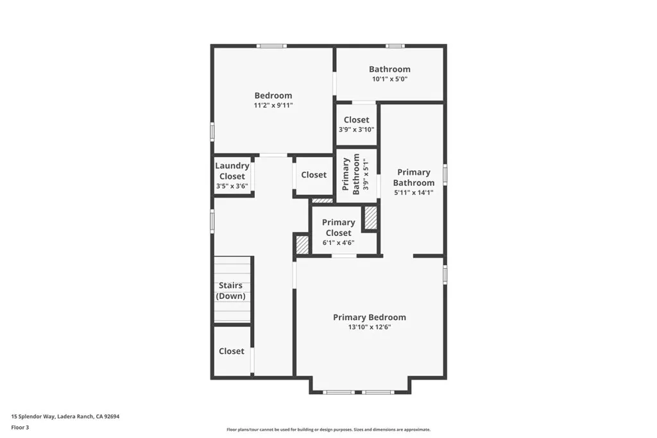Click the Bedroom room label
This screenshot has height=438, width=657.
point(273,96)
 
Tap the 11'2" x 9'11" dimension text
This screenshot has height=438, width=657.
point(273,105)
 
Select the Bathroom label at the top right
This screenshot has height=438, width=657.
point(389,69)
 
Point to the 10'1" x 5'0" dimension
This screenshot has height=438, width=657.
point(389,79)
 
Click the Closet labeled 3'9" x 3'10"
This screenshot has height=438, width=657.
point(356,120)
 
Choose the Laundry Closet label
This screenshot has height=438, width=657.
point(232,171)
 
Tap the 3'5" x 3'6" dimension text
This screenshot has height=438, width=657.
point(232,186)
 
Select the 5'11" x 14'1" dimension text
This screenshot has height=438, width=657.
point(414,192)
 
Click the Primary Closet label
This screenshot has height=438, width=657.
point(338,228)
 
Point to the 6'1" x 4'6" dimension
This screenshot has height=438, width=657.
point(338,243)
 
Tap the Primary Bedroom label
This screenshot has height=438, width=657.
point(369,317)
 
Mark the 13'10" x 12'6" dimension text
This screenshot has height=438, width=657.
point(369,327)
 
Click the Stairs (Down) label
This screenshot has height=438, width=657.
point(232,291)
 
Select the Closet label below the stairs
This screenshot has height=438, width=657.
point(232,351)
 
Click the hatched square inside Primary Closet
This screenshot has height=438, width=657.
point(370,218)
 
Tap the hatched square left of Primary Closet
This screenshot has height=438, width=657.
point(302,244)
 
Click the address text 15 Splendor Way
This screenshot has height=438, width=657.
point(65,416)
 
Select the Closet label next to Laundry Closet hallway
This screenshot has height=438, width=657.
point(314,174)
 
